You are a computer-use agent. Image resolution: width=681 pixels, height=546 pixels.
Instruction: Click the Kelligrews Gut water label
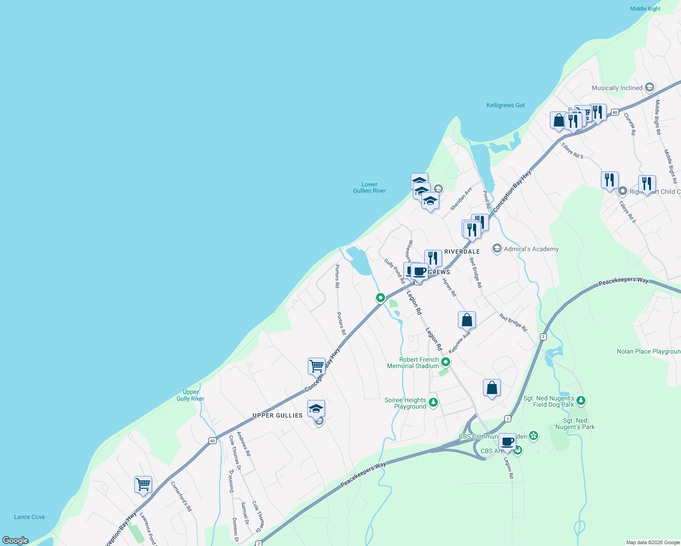coord(505,105)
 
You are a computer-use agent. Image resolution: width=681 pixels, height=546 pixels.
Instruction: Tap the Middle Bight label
coord(645,9)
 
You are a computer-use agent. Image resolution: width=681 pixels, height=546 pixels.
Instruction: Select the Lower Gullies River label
coord(369,187)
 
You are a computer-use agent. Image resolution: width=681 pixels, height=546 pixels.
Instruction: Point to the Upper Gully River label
coord(190,395)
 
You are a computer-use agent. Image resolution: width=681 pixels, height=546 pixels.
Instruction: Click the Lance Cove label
coord(29,517)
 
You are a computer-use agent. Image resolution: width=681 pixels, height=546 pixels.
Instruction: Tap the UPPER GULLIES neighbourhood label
coord(277,415)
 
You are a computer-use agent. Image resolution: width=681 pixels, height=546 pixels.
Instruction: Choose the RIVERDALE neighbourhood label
coord(462,252)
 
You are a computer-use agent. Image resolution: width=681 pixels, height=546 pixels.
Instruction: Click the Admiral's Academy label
coord(531,249)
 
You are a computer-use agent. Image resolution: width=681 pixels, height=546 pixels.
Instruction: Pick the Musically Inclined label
coord(617,88)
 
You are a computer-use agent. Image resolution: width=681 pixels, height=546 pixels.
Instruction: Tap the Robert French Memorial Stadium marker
coord(446,362)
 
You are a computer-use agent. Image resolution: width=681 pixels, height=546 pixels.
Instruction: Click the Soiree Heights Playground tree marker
coord(433,402)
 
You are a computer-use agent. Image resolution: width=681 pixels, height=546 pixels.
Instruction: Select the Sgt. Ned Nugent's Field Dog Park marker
coord(580,400)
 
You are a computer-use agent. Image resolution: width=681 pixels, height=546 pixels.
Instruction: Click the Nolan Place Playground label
coord(648,351)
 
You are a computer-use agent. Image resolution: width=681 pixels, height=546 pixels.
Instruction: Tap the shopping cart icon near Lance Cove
coord(143,484)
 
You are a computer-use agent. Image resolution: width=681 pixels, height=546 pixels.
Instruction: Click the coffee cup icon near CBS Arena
coord(507,441)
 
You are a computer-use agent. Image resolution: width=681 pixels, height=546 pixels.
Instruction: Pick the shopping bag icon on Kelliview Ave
coord(467,320)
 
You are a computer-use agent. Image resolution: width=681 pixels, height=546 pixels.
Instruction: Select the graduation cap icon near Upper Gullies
coord(316,408)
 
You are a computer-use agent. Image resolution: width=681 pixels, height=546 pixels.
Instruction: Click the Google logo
coord(15,541)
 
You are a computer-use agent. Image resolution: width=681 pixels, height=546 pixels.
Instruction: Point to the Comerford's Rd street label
coord(181,496)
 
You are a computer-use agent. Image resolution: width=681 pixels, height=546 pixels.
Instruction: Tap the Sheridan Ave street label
coord(461,199)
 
